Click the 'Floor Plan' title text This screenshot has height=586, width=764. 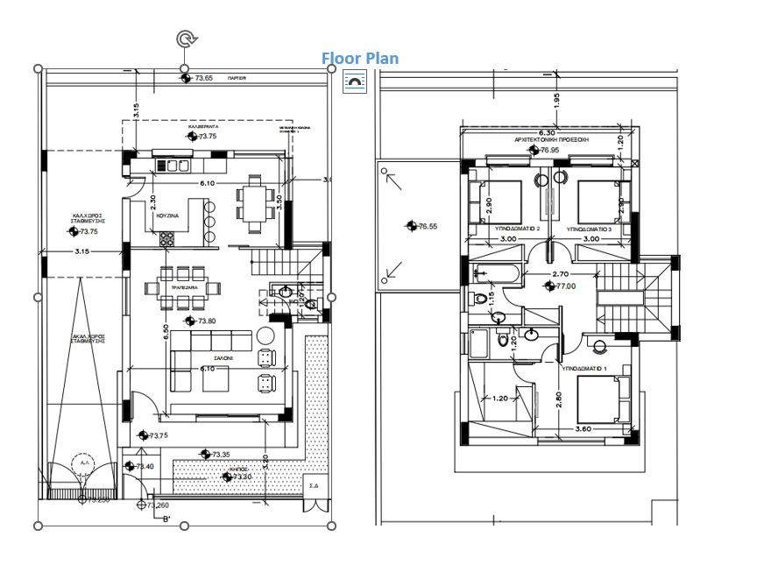[x=359, y=59]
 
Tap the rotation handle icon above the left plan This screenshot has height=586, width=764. [x=186, y=39]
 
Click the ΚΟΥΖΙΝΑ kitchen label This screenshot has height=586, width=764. [x=168, y=214]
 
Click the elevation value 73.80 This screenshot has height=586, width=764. [x=206, y=321]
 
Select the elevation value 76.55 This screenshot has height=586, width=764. [x=427, y=226]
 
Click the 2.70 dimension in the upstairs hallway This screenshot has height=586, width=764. [x=562, y=274]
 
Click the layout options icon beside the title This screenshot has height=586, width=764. [x=354, y=82]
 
